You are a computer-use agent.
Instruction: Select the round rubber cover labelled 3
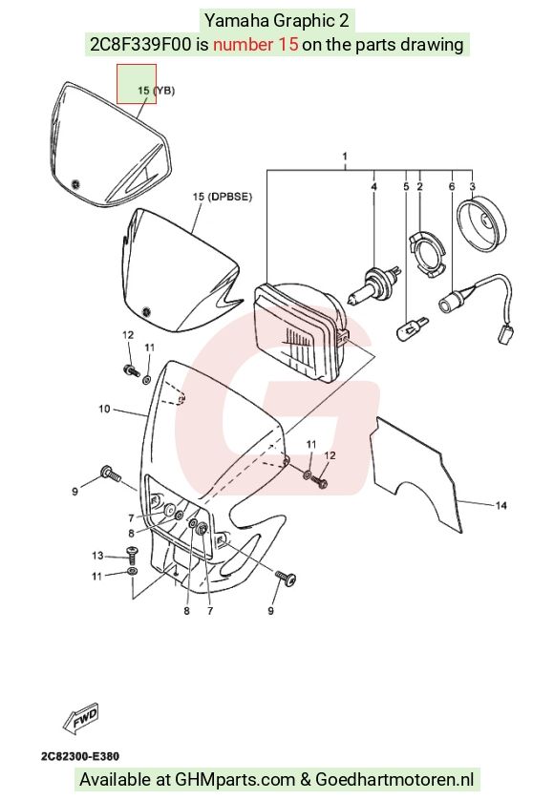tap(482, 225)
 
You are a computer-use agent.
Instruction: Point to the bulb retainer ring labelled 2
tap(428, 254)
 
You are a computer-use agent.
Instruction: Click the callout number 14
tap(501, 505)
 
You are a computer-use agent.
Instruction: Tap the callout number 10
tap(104, 409)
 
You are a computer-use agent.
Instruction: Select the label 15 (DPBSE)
tap(223, 197)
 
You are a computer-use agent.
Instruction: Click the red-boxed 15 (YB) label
tap(157, 91)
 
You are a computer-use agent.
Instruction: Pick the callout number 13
tap(97, 555)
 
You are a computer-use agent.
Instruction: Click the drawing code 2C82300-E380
tap(80, 756)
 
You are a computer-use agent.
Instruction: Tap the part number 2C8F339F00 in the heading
tap(140, 44)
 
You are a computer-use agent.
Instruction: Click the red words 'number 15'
tap(255, 44)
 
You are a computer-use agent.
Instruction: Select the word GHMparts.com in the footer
tap(235, 780)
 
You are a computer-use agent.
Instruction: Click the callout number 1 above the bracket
tap(345, 156)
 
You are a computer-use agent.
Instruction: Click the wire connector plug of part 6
tap(506, 335)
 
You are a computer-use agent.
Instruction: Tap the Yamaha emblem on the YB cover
tap(76, 183)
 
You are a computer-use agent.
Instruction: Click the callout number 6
tap(452, 187)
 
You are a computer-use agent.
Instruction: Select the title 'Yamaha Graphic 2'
tap(277, 20)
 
